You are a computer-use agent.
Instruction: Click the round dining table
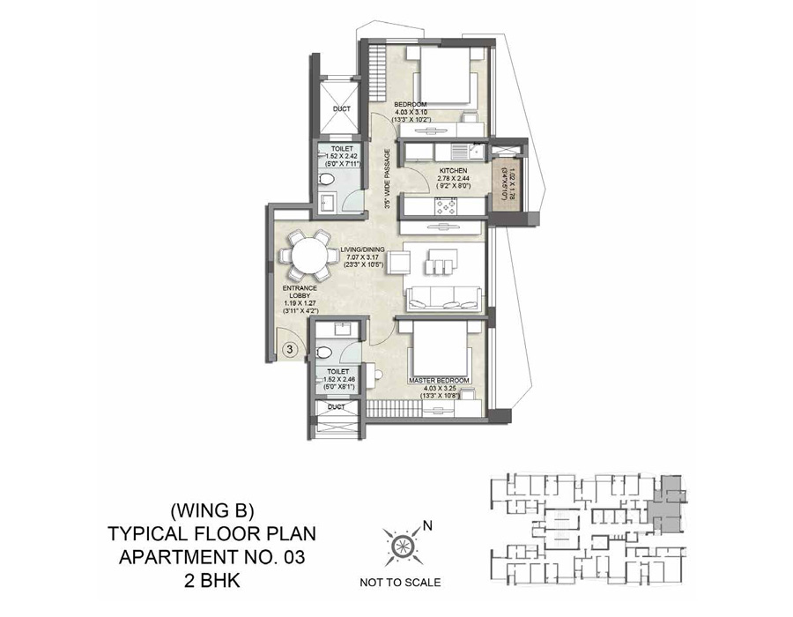(x=303, y=256)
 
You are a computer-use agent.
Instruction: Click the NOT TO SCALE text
(x=401, y=582)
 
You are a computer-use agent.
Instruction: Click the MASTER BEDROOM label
(x=438, y=381)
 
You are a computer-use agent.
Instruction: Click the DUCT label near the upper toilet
(x=342, y=109)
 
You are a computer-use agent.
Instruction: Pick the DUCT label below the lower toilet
(x=336, y=408)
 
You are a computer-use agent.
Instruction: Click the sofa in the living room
(x=443, y=296)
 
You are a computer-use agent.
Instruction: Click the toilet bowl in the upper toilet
(x=326, y=180)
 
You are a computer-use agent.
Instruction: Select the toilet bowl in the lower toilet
(x=326, y=352)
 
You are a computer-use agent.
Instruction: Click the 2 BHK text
(x=211, y=581)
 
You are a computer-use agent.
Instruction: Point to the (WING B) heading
(x=211, y=509)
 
